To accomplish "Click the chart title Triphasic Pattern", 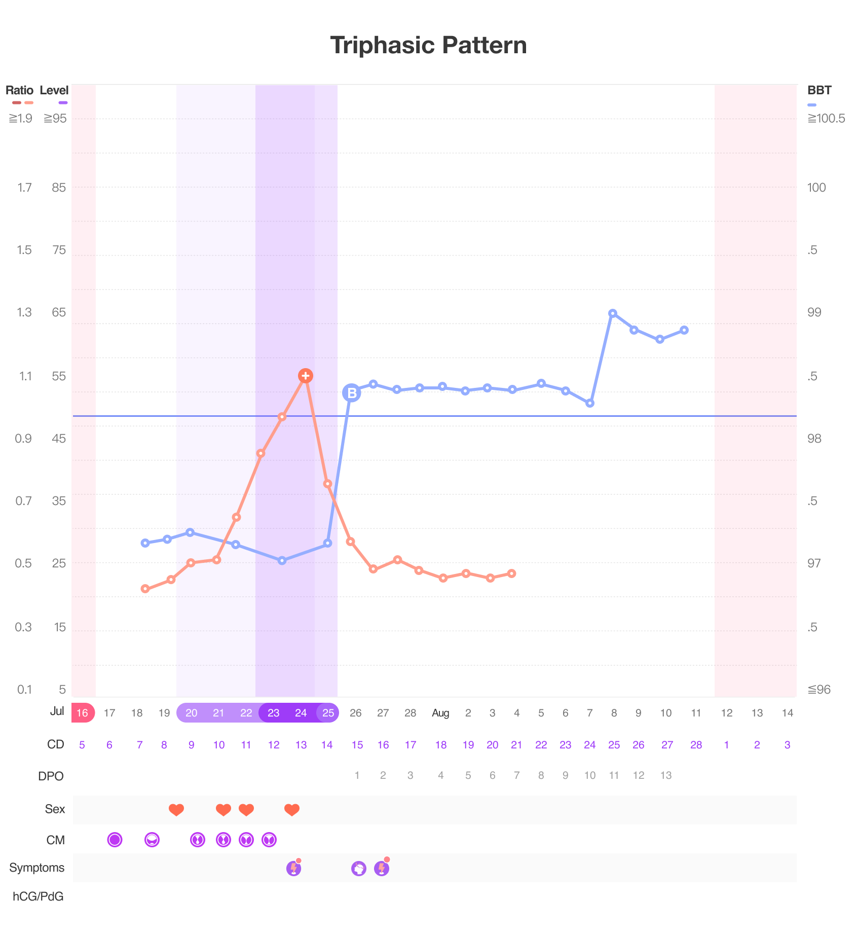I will coord(428,45).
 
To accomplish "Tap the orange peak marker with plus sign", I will coord(305,376).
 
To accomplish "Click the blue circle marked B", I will coord(351,392).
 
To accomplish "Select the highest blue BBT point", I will coord(613,313).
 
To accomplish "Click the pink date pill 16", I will coord(83,713).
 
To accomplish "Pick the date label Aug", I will coord(440,713).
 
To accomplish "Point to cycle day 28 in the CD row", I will coord(696,745).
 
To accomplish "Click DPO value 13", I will coord(666,775).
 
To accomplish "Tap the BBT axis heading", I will coord(819,91).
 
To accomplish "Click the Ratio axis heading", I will coord(19,91).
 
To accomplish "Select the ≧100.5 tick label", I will coord(826,119).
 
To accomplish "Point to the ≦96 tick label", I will coord(819,690).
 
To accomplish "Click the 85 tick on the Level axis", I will coord(59,188).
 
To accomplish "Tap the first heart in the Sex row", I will coord(176,810).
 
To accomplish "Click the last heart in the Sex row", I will coord(292,810).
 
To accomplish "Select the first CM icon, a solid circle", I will coord(115,840).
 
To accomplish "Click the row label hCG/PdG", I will coord(38,896).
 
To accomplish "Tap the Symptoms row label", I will coord(36,868).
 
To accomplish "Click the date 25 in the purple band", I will coord(328,713).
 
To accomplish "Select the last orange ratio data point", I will coord(512,573).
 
